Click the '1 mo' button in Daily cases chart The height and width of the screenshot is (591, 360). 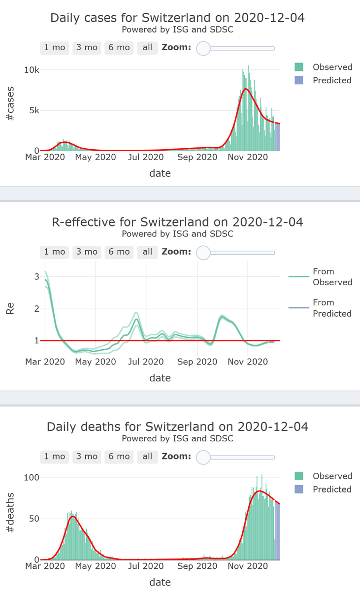tap(55, 48)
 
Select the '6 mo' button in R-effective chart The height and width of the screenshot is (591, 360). tap(119, 252)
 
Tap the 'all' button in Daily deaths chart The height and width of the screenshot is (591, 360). tap(147, 457)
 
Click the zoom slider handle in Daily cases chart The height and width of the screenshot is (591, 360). tap(203, 48)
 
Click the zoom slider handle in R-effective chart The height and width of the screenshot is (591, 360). tap(203, 253)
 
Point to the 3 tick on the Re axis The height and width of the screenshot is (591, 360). tap(36, 277)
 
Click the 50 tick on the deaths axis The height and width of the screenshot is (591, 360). tap(33, 519)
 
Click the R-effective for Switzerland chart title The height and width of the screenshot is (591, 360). tap(177, 222)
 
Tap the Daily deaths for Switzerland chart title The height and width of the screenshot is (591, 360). tap(177, 427)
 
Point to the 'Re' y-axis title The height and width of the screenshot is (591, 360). tap(10, 309)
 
